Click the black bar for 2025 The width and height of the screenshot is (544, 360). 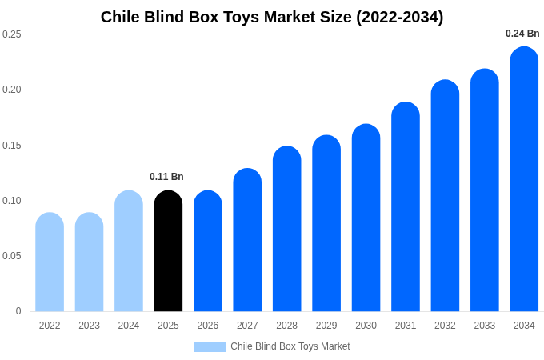pyautogui.click(x=168, y=251)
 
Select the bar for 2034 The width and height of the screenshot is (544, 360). pyautogui.click(x=524, y=179)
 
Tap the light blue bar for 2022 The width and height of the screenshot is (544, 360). pyautogui.click(x=50, y=262)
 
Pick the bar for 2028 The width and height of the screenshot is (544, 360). pyautogui.click(x=286, y=229)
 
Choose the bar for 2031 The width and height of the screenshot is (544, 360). pyautogui.click(x=406, y=207)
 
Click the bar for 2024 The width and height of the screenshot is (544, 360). pyautogui.click(x=129, y=251)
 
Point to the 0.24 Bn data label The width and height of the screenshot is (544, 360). pyautogui.click(x=522, y=34)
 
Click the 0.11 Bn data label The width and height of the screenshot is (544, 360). pyautogui.click(x=166, y=177)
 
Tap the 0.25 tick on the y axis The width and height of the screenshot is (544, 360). pyautogui.click(x=12, y=34)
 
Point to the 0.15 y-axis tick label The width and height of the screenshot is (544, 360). pyautogui.click(x=12, y=146)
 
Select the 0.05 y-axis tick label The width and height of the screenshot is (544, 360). pyautogui.click(x=12, y=256)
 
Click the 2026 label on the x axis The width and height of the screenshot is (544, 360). pyautogui.click(x=208, y=326)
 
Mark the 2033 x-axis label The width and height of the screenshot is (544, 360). pyautogui.click(x=485, y=326)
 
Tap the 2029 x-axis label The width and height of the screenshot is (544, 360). pyautogui.click(x=326, y=326)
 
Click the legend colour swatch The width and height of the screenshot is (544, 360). pyautogui.click(x=210, y=347)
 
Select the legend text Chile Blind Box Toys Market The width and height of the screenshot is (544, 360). pyautogui.click(x=290, y=346)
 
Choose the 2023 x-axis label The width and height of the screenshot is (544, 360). pyautogui.click(x=90, y=326)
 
